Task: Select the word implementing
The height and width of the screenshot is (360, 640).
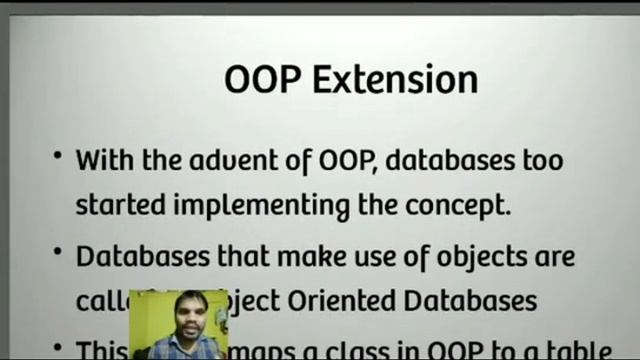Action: pos(262,206)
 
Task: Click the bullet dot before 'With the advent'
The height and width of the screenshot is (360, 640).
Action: pos(58,157)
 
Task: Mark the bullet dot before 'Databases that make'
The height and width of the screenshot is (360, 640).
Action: pos(58,255)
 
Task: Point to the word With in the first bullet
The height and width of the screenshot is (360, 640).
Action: pos(104,160)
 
